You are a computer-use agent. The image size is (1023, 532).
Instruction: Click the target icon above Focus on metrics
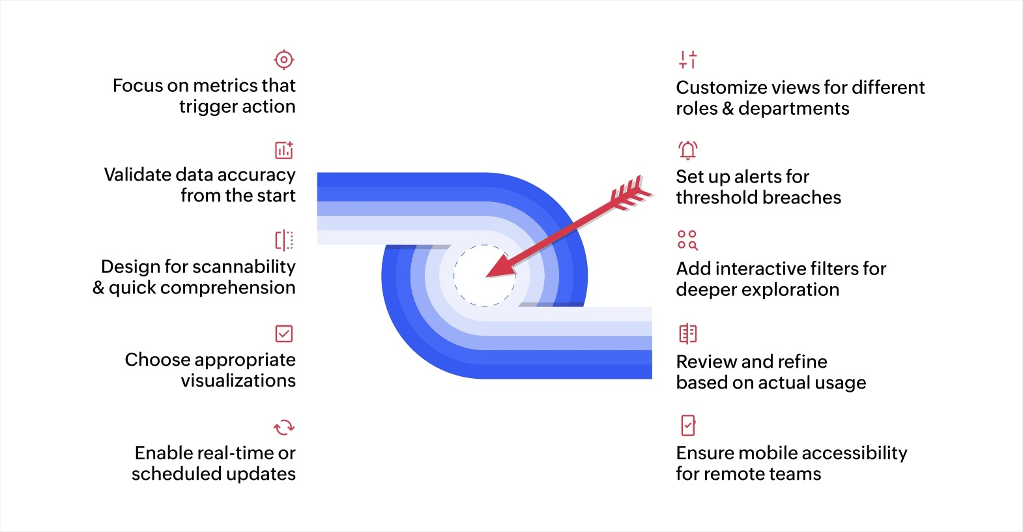click(x=284, y=60)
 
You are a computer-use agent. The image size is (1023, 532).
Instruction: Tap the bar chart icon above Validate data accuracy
click(x=284, y=150)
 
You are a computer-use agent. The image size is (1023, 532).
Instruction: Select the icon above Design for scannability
click(x=284, y=241)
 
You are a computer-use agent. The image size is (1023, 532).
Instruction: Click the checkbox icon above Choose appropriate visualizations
click(x=284, y=334)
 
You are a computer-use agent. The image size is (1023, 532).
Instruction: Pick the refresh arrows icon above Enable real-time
click(x=284, y=427)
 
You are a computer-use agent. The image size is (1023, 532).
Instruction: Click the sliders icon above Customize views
click(x=688, y=60)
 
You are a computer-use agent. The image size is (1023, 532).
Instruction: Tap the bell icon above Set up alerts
click(x=688, y=150)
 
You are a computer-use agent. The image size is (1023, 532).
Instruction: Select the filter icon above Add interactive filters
click(x=687, y=240)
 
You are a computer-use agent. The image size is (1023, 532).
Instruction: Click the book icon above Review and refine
click(x=688, y=334)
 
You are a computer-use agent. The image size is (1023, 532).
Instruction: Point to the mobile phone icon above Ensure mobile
click(x=688, y=425)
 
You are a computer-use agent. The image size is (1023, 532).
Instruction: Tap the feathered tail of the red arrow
click(x=631, y=192)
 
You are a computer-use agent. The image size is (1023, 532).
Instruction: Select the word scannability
click(x=244, y=267)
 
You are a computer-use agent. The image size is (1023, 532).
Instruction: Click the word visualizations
click(x=238, y=381)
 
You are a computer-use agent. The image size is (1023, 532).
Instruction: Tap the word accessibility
click(x=857, y=453)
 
